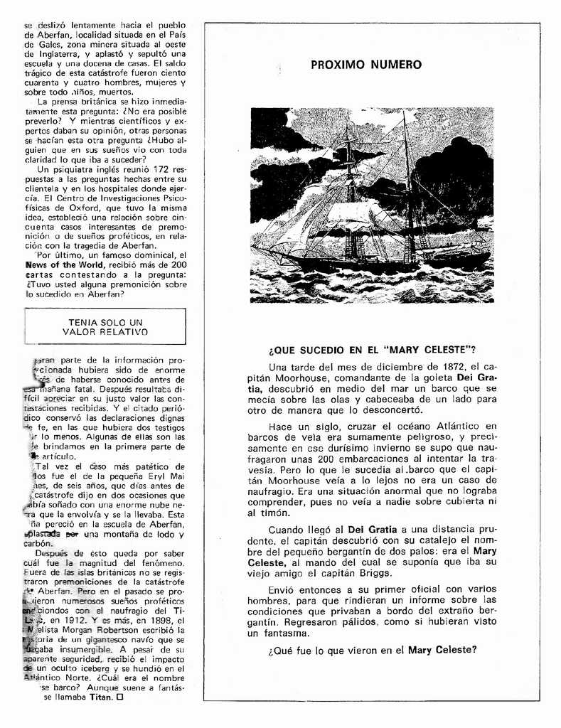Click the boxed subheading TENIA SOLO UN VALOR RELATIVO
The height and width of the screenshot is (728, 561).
click(105, 327)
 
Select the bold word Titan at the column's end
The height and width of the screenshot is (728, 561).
click(102, 698)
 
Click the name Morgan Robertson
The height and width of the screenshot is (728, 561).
click(95, 630)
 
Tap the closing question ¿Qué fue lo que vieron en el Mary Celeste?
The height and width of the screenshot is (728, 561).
click(372, 650)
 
